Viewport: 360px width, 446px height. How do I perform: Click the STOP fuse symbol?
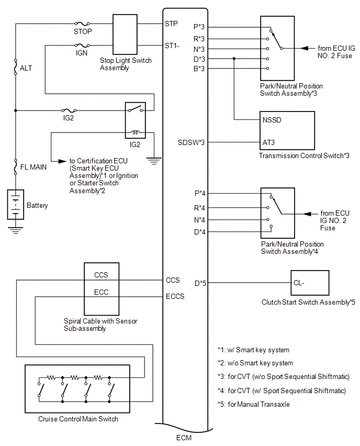pos(82,24)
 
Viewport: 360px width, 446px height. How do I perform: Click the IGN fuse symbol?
pos(82,45)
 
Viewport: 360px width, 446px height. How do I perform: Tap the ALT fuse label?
pos(26,68)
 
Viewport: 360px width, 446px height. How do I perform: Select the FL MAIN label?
pos(33,167)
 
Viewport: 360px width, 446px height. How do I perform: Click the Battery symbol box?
pos(15,204)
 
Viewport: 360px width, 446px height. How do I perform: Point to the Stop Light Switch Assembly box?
pos(125,35)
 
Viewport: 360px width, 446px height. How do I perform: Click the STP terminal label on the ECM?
pos(171,24)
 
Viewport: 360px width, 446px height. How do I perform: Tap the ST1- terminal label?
pos(172,46)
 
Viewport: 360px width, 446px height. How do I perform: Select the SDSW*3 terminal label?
pos(191,142)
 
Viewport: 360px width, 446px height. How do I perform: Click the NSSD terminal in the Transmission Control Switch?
pos(272,120)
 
